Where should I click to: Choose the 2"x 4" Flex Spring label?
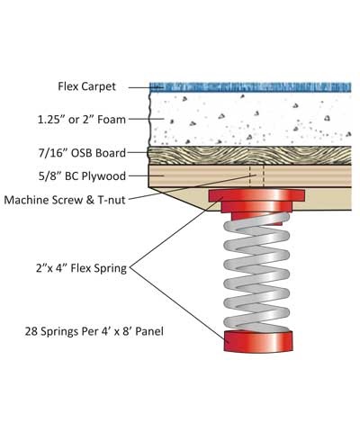pyautogui.click(x=90, y=266)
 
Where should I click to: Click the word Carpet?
pyautogui.click(x=105, y=87)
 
